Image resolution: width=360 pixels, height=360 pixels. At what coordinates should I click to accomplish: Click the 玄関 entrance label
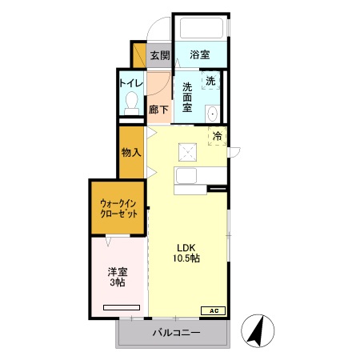click(159, 55)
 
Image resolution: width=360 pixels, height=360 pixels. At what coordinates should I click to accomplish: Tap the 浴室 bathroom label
click(199, 55)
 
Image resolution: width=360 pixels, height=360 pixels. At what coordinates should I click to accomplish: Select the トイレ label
click(130, 82)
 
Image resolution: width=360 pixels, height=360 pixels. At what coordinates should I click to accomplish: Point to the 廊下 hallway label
click(158, 110)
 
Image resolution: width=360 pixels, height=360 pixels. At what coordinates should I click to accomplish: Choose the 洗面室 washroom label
click(187, 98)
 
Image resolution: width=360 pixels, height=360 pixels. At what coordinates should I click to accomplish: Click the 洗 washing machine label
click(210, 81)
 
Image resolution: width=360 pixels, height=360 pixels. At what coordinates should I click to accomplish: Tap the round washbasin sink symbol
click(214, 114)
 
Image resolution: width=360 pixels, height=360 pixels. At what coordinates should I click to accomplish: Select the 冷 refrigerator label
click(217, 136)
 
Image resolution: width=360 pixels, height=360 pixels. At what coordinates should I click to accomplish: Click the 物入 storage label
click(131, 153)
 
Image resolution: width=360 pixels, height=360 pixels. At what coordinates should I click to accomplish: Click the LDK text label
click(187, 246)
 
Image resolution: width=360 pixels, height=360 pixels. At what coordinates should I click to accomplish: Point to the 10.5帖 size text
click(187, 259)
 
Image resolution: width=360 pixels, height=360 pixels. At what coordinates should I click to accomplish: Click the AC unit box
click(214, 310)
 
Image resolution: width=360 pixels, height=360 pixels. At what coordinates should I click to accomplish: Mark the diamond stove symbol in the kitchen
click(188, 151)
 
